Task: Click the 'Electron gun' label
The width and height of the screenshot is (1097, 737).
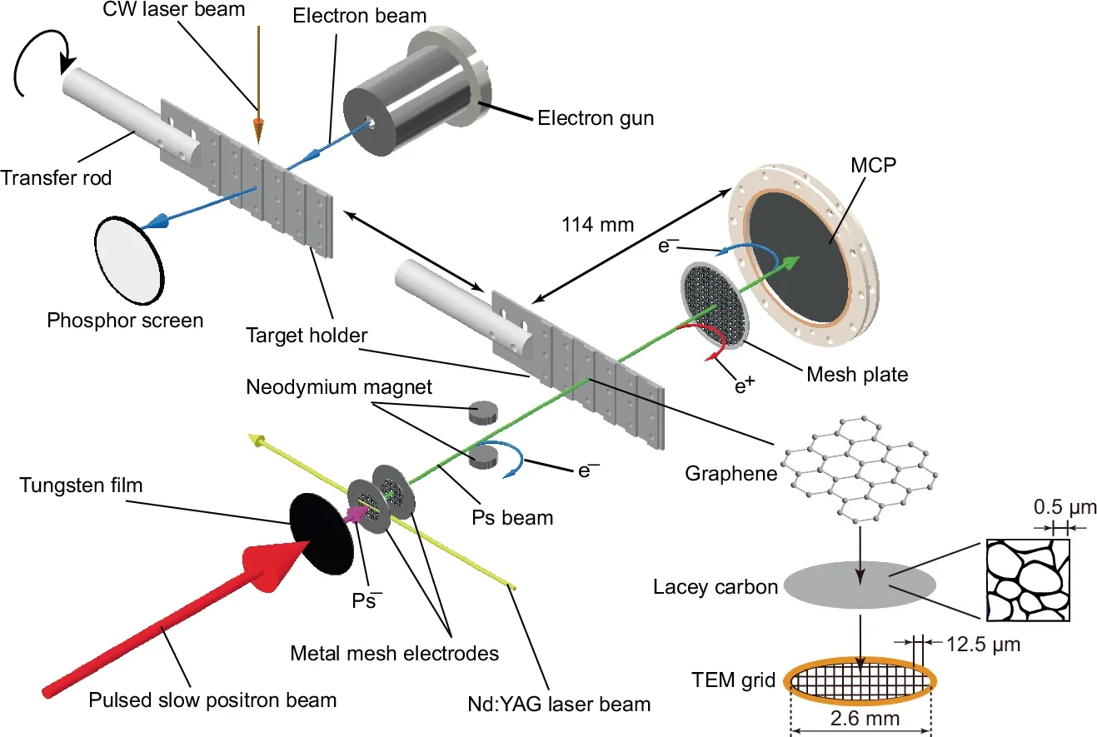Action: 596,118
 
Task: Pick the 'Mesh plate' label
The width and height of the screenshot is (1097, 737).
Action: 857,375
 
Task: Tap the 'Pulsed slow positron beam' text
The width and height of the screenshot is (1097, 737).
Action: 212,699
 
